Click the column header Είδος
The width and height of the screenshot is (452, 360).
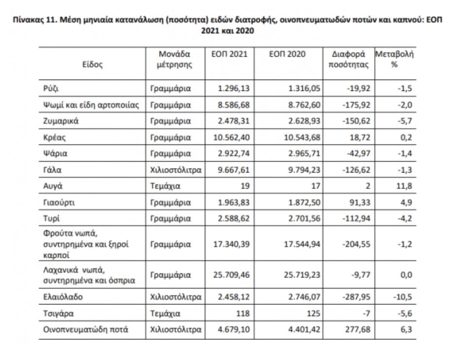tap(92, 64)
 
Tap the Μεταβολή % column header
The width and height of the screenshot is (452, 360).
tap(394, 59)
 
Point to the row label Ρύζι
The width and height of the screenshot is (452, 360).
tap(51, 88)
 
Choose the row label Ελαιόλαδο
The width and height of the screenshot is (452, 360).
tap(63, 296)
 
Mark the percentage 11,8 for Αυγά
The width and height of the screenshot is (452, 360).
tap(405, 186)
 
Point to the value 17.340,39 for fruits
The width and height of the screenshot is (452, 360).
tap(228, 244)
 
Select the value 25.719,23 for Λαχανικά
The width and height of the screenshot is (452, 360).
tap(301, 274)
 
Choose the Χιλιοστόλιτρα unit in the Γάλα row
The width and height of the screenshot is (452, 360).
tap(175, 170)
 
